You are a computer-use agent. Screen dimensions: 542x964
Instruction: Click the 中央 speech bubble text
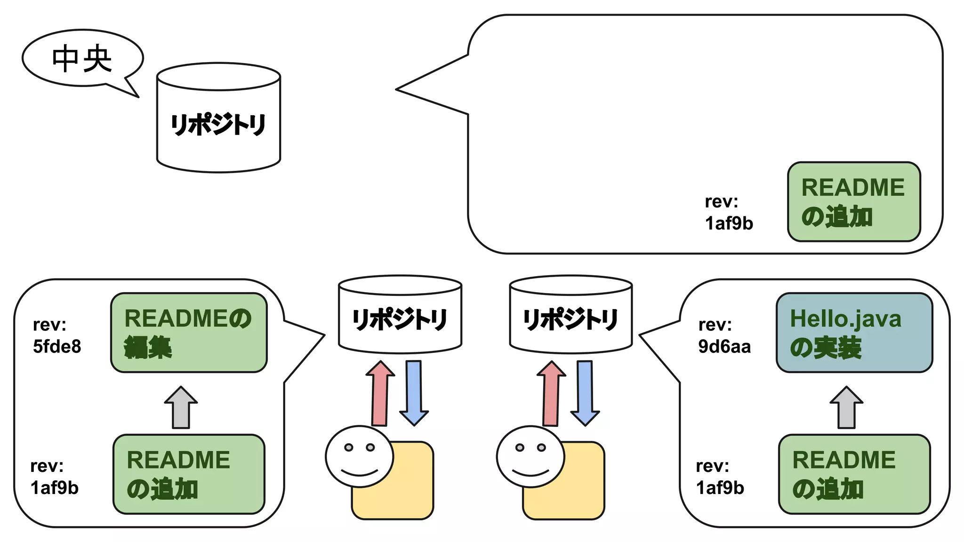(82, 59)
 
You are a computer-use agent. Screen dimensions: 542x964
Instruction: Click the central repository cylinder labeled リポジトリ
(218, 123)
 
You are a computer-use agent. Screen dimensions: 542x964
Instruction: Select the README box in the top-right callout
(853, 202)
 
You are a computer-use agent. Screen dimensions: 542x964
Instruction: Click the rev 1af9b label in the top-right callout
(728, 213)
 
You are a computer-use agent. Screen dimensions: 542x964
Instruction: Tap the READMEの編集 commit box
(189, 333)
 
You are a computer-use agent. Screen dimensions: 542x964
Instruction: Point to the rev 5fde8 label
(56, 335)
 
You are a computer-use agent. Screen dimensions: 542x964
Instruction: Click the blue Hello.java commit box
(854, 333)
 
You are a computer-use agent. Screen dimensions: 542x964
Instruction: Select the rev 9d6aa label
(724, 335)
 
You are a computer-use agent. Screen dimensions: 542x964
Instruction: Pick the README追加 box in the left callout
(189, 474)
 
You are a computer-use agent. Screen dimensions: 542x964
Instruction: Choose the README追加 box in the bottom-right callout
(854, 474)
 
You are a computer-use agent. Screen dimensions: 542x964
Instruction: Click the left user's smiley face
(359, 456)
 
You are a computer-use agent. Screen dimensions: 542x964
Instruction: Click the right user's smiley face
(530, 456)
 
